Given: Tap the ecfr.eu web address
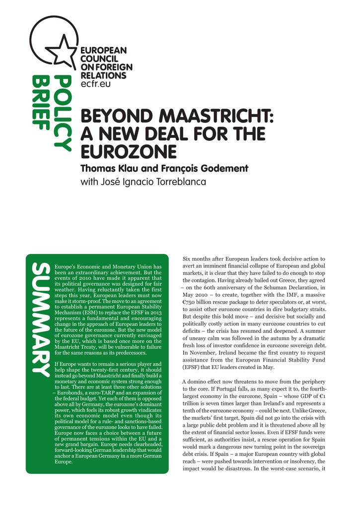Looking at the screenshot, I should pyautogui.click(x=95, y=84).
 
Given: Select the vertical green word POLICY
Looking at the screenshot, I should pyautogui.click(x=63, y=113).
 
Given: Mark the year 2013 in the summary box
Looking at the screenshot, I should pyautogui.click(x=155, y=314).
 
